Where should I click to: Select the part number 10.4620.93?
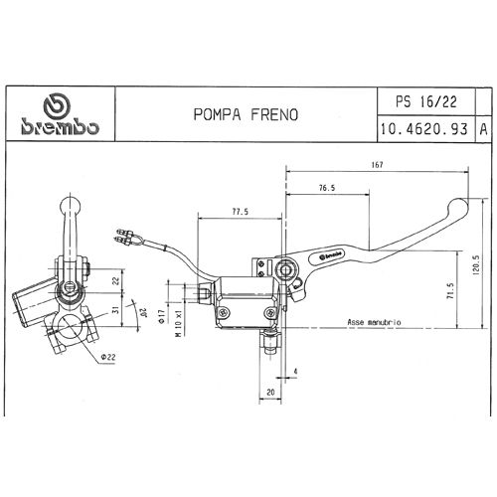point(424,129)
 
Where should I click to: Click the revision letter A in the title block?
point(482,129)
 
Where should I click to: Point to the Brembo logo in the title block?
point(59,117)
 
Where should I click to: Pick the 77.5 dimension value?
point(240,212)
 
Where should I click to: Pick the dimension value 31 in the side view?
point(115,312)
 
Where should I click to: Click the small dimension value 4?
point(295,373)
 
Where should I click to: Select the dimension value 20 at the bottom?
point(271,394)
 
